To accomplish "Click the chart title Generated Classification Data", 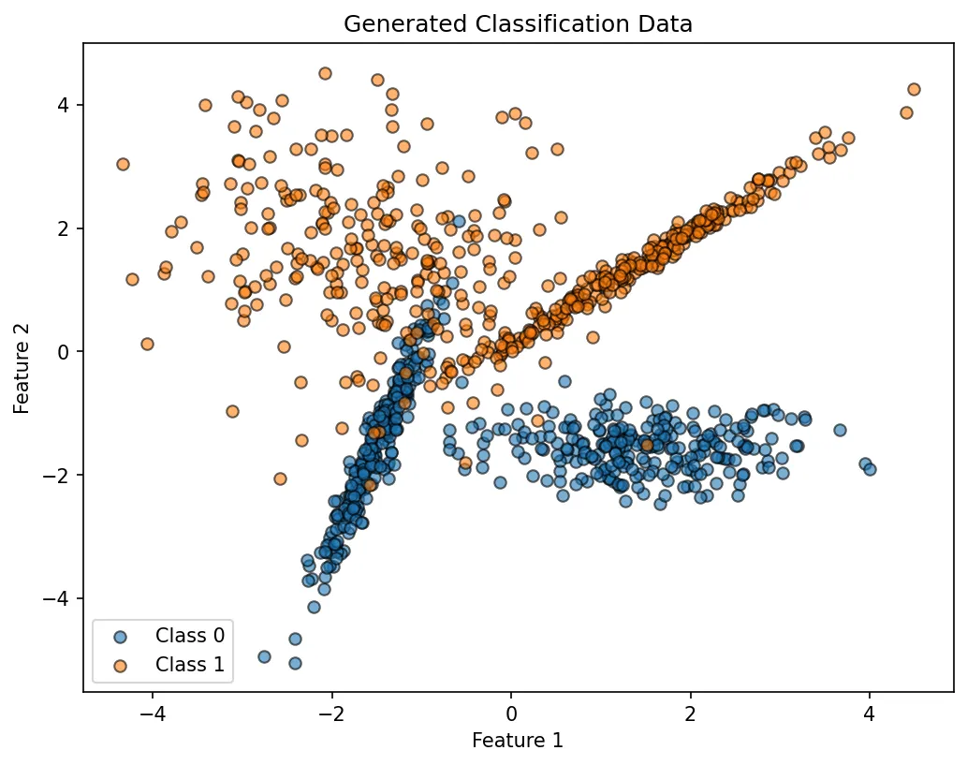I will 518,24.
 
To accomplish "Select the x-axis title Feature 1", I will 518,741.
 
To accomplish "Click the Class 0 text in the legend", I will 190,635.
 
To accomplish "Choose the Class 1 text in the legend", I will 190,664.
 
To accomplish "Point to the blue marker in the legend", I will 119,636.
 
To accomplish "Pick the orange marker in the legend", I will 119,665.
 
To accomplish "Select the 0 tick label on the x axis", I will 511,713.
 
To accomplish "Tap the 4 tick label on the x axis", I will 870,713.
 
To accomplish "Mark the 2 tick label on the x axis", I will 691,713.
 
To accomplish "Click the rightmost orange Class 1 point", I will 914,89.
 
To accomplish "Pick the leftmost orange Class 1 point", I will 123,164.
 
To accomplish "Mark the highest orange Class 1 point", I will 325,73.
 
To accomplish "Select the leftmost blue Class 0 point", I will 264,656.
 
